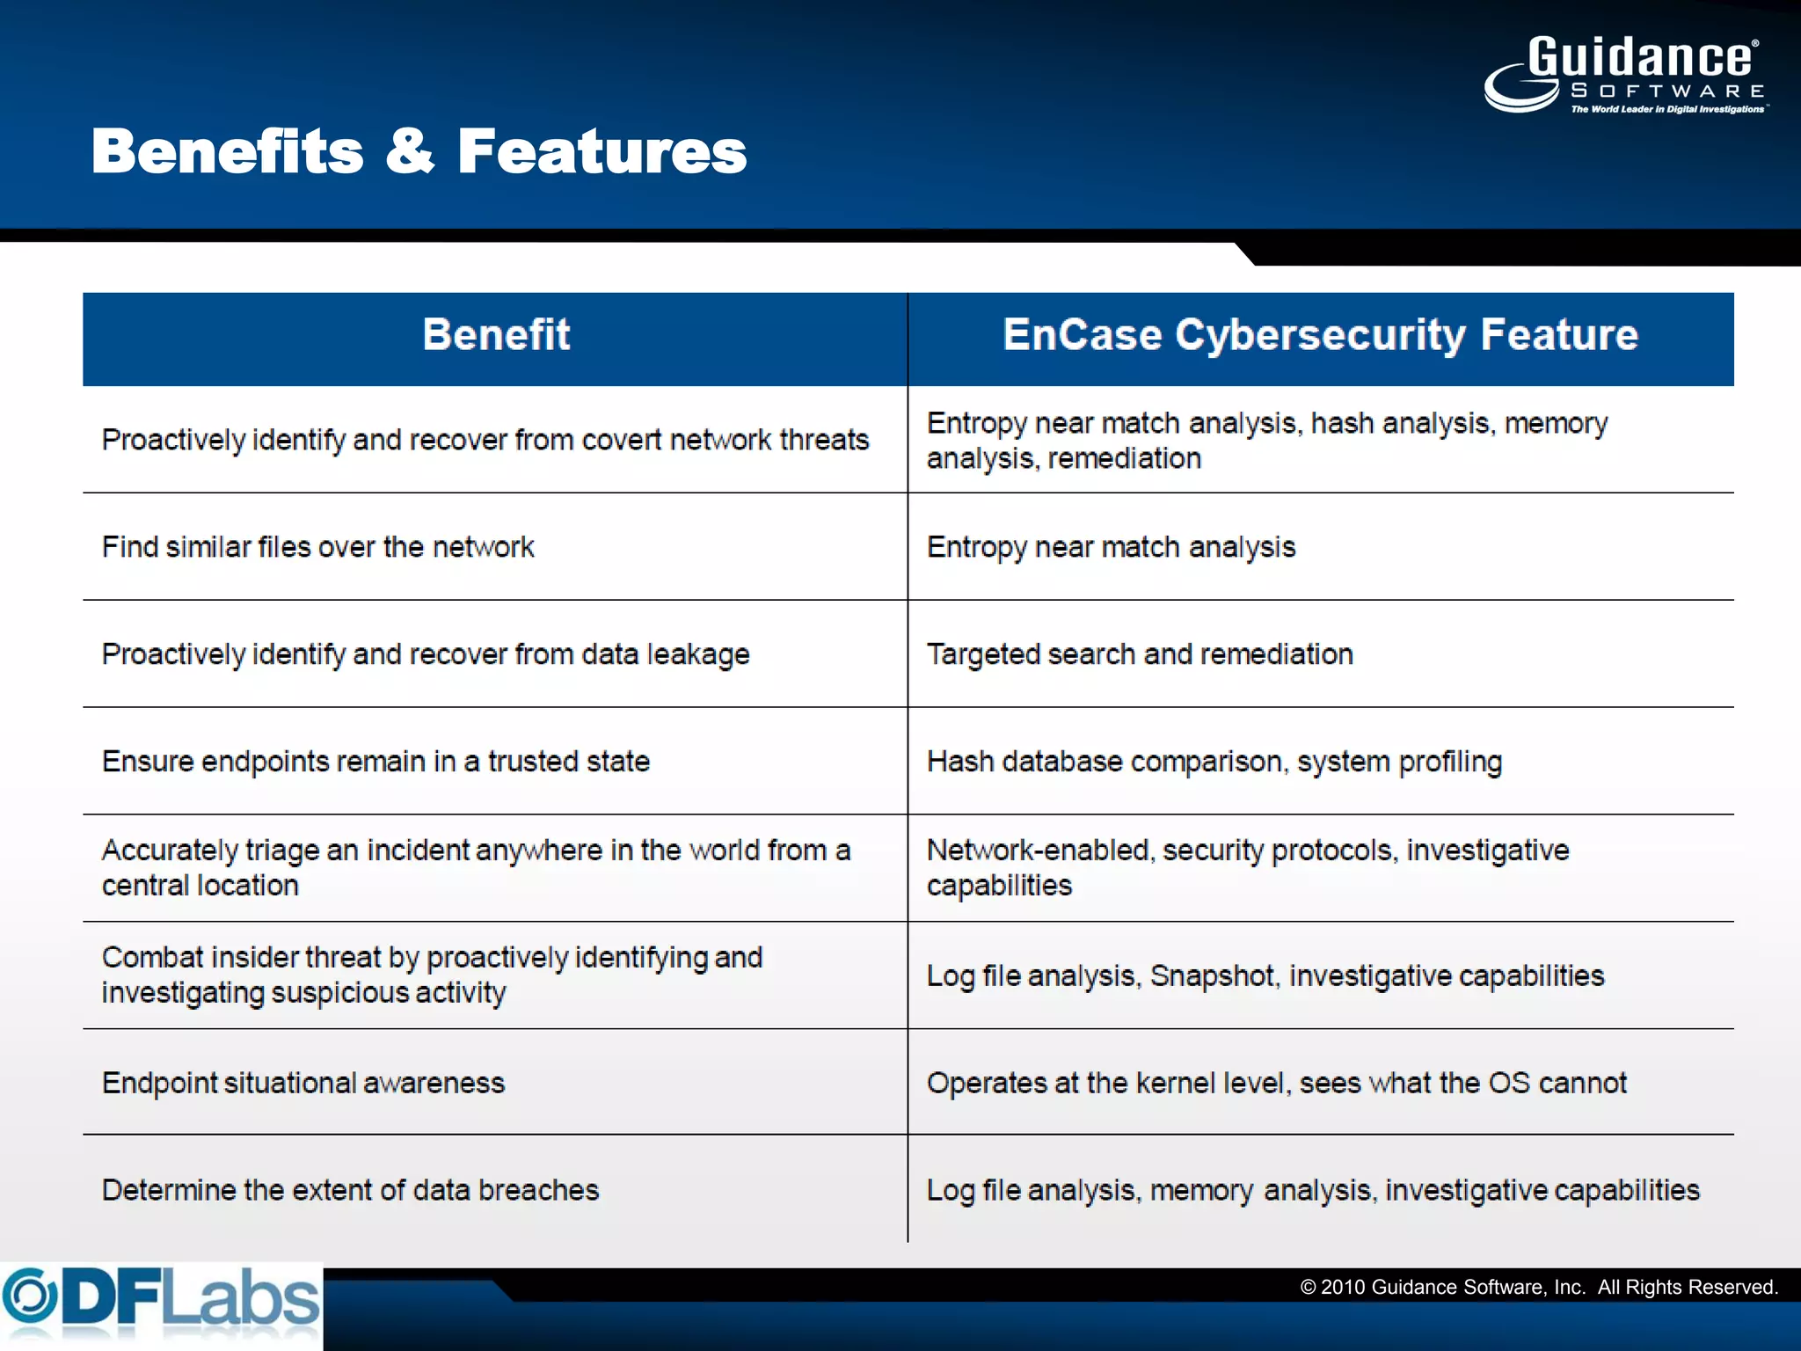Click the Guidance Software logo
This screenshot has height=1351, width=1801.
(x=1625, y=74)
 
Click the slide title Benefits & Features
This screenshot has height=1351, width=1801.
(x=419, y=151)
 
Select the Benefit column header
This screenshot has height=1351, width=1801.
(x=496, y=335)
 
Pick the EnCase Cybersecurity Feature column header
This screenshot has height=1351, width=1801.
(x=1320, y=335)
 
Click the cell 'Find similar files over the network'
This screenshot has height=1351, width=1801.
(x=318, y=547)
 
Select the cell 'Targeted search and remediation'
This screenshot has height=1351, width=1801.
(x=1140, y=654)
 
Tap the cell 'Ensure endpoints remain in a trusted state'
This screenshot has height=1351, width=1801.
(x=376, y=762)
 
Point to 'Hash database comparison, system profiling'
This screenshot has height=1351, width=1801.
(x=1214, y=762)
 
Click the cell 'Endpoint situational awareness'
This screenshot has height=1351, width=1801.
(x=303, y=1083)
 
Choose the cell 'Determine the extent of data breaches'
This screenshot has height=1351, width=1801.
(x=350, y=1190)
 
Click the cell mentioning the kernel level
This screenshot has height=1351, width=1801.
(x=1276, y=1083)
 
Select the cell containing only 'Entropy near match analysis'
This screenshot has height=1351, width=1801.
(x=1111, y=547)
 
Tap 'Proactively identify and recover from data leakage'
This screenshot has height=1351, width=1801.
(x=426, y=654)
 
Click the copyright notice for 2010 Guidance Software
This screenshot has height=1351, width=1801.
(x=1539, y=1288)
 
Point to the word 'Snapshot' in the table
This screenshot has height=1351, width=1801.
(x=1213, y=976)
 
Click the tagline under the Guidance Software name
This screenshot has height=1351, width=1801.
(x=1668, y=109)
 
